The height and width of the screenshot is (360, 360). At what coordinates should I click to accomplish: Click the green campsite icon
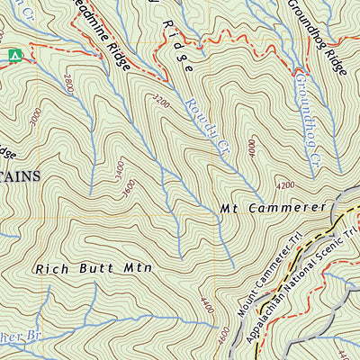pyautogui.click(x=13, y=56)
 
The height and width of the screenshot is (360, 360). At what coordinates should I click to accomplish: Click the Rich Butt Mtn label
pyautogui.click(x=94, y=268)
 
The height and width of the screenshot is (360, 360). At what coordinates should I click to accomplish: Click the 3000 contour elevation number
pyautogui.click(x=35, y=117)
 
